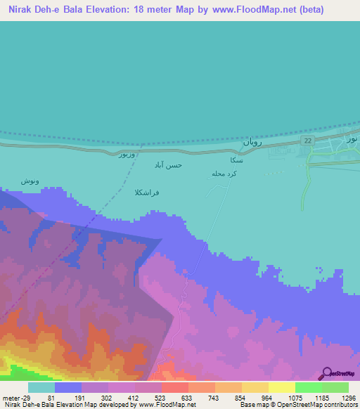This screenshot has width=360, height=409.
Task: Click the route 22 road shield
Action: tap(308, 141)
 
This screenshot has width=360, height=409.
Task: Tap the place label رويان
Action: tap(252, 142)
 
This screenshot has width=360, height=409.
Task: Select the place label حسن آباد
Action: tap(169, 164)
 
